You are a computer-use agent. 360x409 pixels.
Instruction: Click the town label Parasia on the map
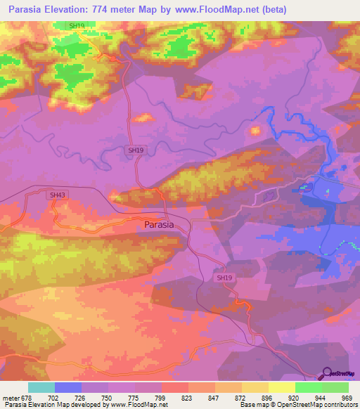165,225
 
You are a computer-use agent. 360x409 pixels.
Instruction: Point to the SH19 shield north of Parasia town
136,150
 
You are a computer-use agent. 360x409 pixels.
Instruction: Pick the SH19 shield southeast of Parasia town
224,278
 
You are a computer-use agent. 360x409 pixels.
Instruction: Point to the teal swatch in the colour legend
41,387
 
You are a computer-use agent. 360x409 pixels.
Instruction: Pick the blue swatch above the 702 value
68,387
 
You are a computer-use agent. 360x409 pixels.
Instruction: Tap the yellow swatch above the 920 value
282,387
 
